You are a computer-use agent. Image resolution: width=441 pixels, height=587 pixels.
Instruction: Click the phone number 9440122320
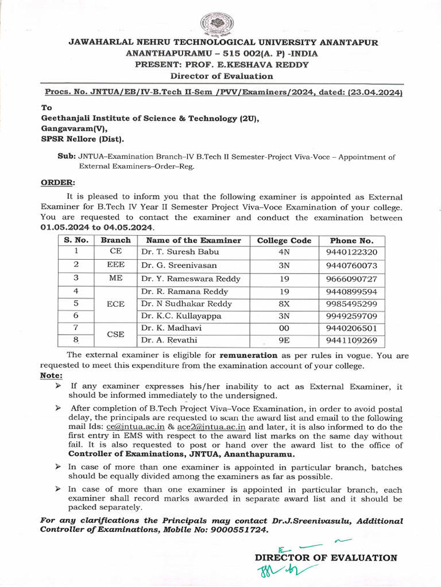click(351, 252)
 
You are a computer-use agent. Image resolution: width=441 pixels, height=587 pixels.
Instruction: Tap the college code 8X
click(284, 304)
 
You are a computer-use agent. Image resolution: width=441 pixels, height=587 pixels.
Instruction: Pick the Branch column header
click(115, 241)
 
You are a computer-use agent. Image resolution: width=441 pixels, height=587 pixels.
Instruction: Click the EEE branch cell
click(115, 265)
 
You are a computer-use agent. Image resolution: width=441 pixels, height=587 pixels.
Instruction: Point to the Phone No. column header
click(351, 241)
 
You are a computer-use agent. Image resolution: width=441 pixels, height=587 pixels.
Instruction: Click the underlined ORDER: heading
click(57, 183)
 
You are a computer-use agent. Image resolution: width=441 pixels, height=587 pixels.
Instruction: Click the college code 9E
click(284, 341)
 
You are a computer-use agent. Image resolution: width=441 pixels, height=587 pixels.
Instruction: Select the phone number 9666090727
click(351, 279)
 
